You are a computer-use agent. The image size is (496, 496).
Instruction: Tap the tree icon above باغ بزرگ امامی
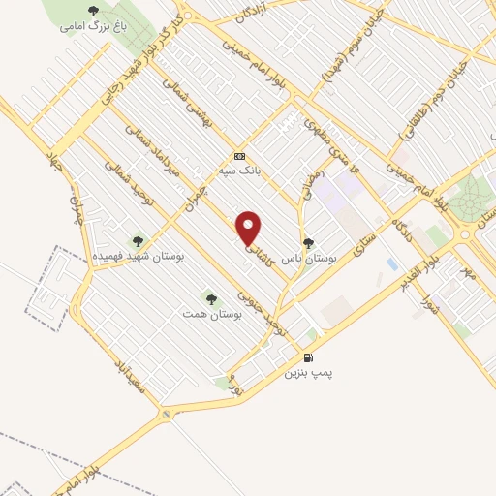tap(93, 11)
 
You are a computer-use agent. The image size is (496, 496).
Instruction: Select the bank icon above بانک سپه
tap(240, 157)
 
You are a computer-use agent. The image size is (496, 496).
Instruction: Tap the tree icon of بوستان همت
tap(211, 297)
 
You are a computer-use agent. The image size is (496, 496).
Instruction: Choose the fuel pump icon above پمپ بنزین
tap(311, 356)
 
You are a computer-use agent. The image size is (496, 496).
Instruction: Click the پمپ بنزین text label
tap(307, 371)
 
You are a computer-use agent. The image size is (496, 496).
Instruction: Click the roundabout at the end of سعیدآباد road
tap(167, 415)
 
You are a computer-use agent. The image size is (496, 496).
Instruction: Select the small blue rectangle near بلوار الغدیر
tap(391, 263)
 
